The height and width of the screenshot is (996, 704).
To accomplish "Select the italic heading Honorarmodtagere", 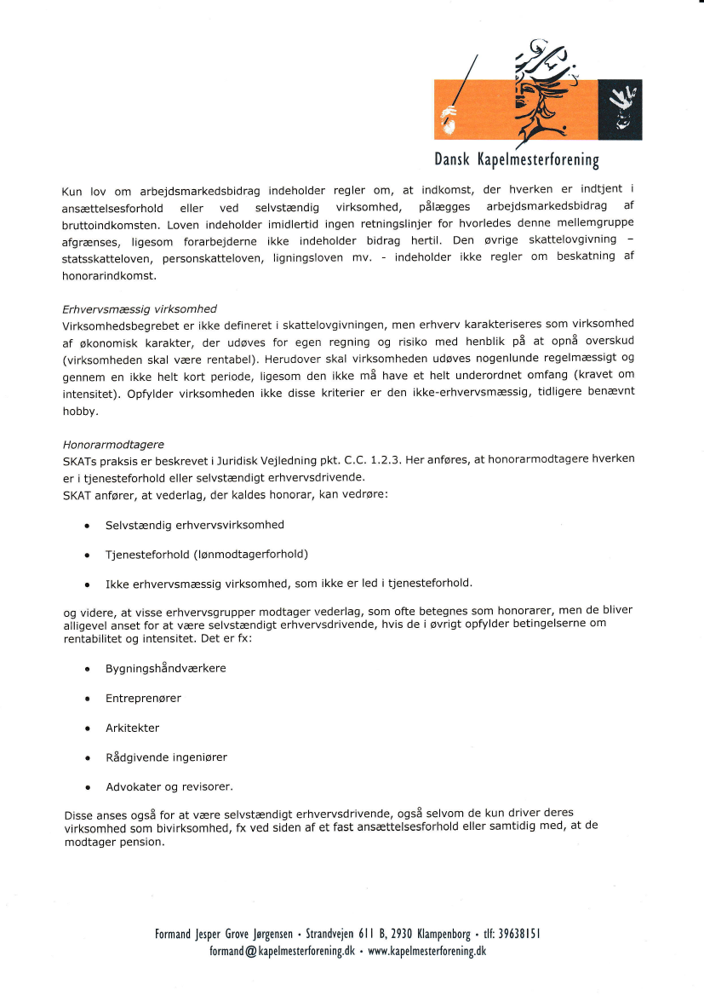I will point(113,445).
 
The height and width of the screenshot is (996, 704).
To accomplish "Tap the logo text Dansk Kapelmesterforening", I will point(517,159).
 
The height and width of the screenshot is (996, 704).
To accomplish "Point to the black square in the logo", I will point(621,109).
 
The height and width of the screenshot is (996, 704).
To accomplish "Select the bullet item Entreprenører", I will point(143,698).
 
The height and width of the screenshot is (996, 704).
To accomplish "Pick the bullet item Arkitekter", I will point(132,728).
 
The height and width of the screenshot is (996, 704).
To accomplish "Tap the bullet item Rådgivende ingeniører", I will point(166,757).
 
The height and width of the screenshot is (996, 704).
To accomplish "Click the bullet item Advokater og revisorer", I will point(169,786).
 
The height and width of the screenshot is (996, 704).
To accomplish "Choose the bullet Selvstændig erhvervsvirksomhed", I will point(195,525).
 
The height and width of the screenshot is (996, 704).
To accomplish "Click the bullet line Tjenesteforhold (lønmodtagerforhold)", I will point(207,554).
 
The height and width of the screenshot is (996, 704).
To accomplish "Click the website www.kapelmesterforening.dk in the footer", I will point(426,951).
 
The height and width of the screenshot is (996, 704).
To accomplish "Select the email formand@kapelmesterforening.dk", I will point(282,951).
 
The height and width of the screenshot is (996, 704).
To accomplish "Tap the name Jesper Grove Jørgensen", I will point(245,934).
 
